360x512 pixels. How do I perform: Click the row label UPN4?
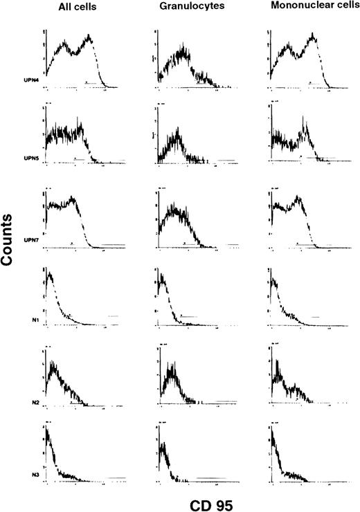[x=30, y=82]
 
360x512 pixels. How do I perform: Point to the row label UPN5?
[x=30, y=158]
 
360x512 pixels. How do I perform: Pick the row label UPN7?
[x=30, y=240]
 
